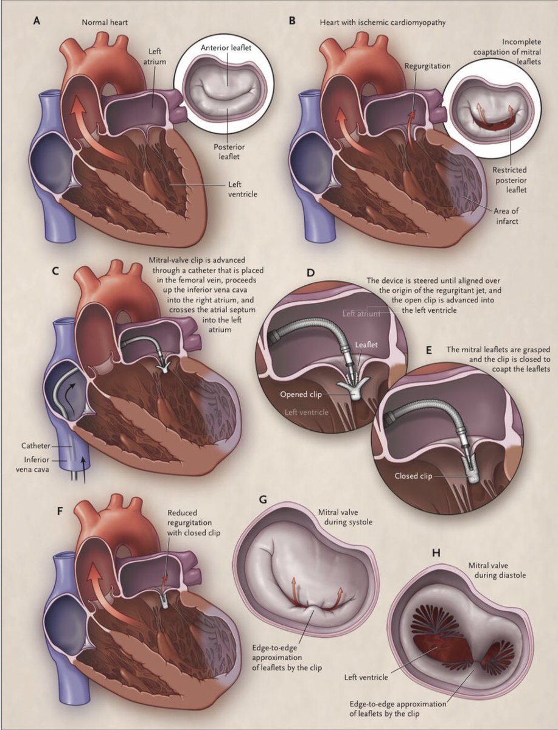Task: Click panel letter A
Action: tap(38, 21)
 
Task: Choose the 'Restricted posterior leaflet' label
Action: tap(511, 179)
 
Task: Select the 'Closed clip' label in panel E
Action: tap(414, 476)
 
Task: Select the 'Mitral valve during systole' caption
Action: tap(340, 518)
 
